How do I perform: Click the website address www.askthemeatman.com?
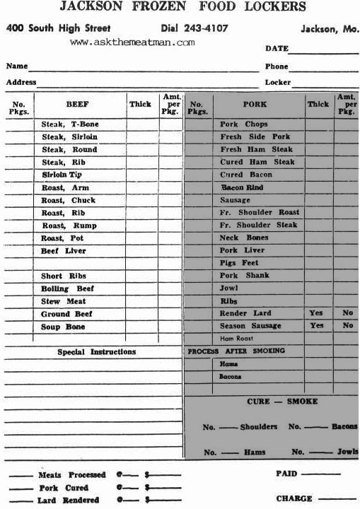tap(132, 42)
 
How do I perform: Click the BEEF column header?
tap(77, 105)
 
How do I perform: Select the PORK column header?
tap(255, 105)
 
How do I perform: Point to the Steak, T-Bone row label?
tap(70, 124)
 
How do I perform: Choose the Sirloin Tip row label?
tap(62, 175)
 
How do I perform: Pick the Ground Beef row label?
tap(65, 314)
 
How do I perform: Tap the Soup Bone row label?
tap(63, 327)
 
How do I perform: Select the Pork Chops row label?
tap(243, 124)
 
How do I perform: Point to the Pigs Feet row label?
tap(239, 263)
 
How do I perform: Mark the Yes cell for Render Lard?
tap(316, 313)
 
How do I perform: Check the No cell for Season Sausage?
tap(347, 326)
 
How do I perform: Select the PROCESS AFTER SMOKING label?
tap(236, 351)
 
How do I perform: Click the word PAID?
tap(286, 474)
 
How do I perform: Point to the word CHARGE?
tap(294, 498)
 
